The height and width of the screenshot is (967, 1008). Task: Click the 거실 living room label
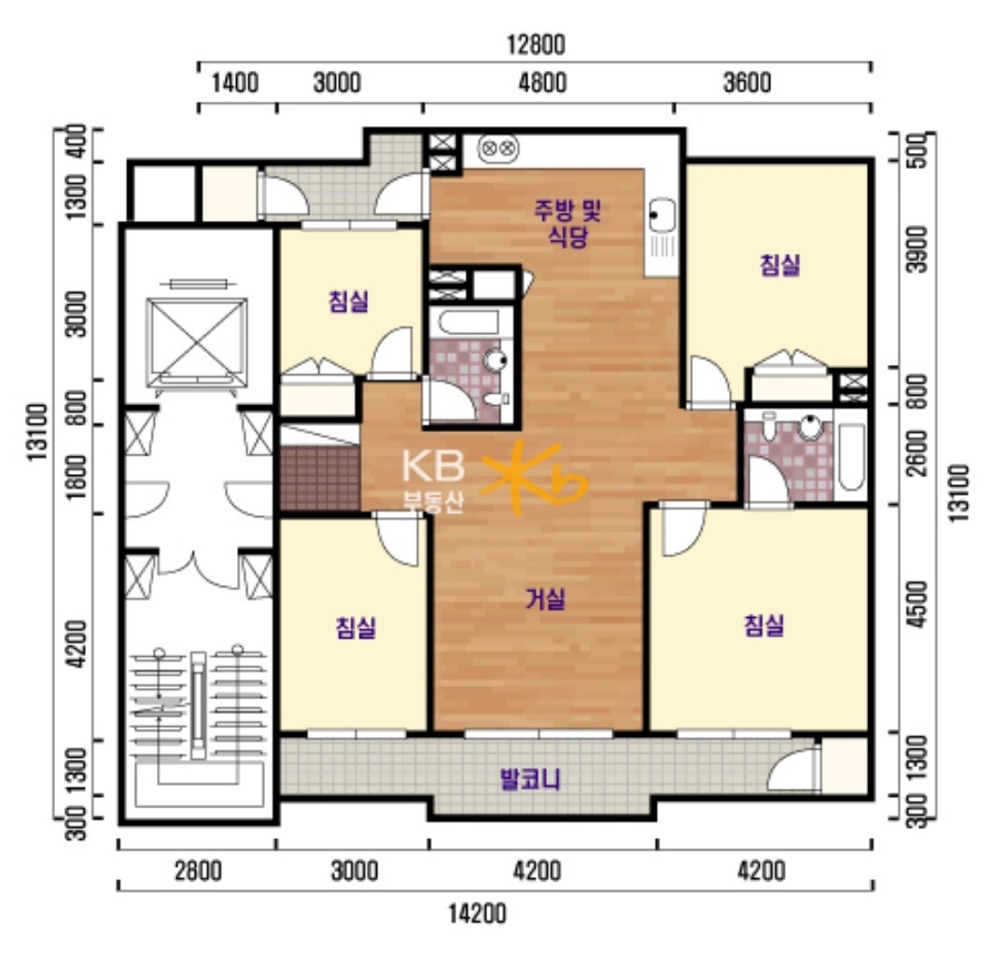click(x=546, y=599)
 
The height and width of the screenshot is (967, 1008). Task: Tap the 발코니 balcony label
click(x=530, y=780)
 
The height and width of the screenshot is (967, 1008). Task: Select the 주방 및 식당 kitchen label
click(x=567, y=222)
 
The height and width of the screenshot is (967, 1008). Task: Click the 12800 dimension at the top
click(x=536, y=45)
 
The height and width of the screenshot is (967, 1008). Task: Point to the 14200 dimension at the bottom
click(x=477, y=914)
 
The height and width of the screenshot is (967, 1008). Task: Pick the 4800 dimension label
click(x=542, y=83)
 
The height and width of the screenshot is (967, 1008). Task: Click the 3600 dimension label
click(x=747, y=83)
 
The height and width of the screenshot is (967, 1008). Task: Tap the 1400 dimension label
click(x=235, y=83)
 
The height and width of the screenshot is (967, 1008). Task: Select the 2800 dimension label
click(x=198, y=871)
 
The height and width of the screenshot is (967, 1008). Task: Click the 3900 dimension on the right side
click(x=919, y=249)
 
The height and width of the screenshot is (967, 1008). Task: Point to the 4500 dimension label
click(x=919, y=605)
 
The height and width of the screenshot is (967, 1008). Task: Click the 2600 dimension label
click(x=919, y=454)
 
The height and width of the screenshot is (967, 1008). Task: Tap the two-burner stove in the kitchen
click(x=498, y=148)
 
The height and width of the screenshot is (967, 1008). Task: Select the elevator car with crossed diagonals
click(x=197, y=343)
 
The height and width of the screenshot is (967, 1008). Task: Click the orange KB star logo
click(x=533, y=478)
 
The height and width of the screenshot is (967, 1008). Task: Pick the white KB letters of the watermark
click(x=433, y=466)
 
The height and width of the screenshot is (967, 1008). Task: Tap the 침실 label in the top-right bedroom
click(x=779, y=265)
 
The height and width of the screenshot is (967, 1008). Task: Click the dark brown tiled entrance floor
click(x=320, y=478)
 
